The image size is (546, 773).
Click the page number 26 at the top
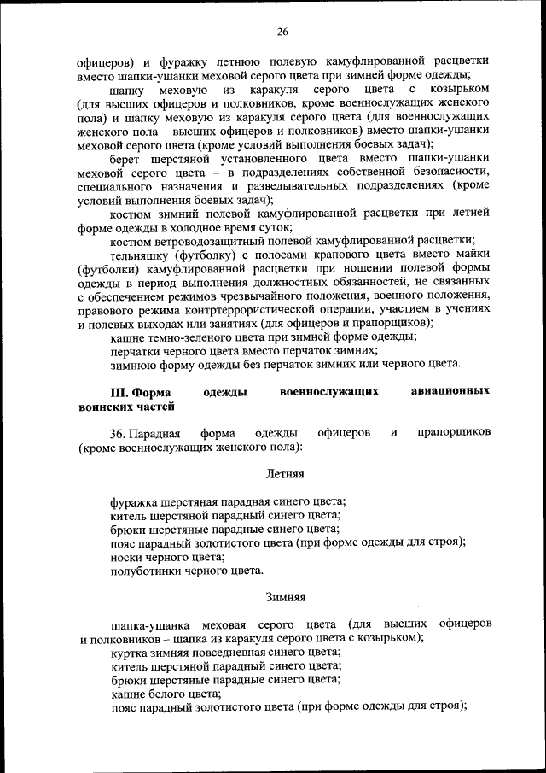point(282,32)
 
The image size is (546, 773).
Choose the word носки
point(127,556)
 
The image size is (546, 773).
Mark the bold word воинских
point(104,407)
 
